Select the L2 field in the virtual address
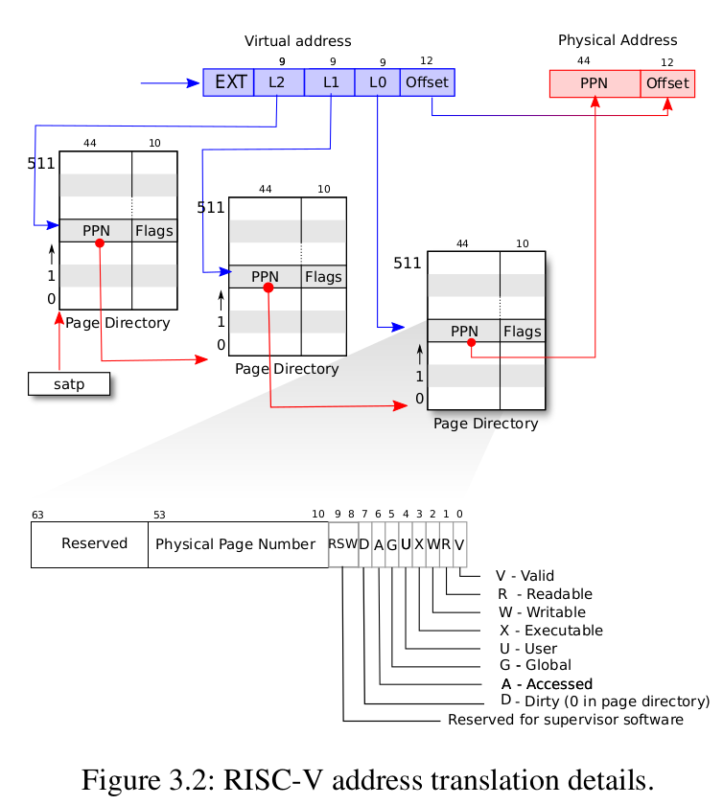tap(278, 82)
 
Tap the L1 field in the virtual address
tap(330, 82)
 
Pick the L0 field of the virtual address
tap(378, 82)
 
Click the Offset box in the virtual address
tap(427, 82)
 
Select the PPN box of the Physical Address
tap(595, 83)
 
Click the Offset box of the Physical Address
tap(667, 83)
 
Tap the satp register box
tap(68, 385)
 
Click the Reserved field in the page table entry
tap(94, 543)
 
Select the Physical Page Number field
tap(236, 544)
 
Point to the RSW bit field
tap(342, 544)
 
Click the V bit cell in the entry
tap(460, 544)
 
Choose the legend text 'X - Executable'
tap(551, 631)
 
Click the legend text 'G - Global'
tap(535, 665)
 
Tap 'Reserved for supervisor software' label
tap(566, 720)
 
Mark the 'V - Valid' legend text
tap(525, 576)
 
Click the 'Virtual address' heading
tap(298, 41)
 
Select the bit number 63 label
tap(37, 515)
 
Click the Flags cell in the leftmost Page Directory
tap(154, 231)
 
